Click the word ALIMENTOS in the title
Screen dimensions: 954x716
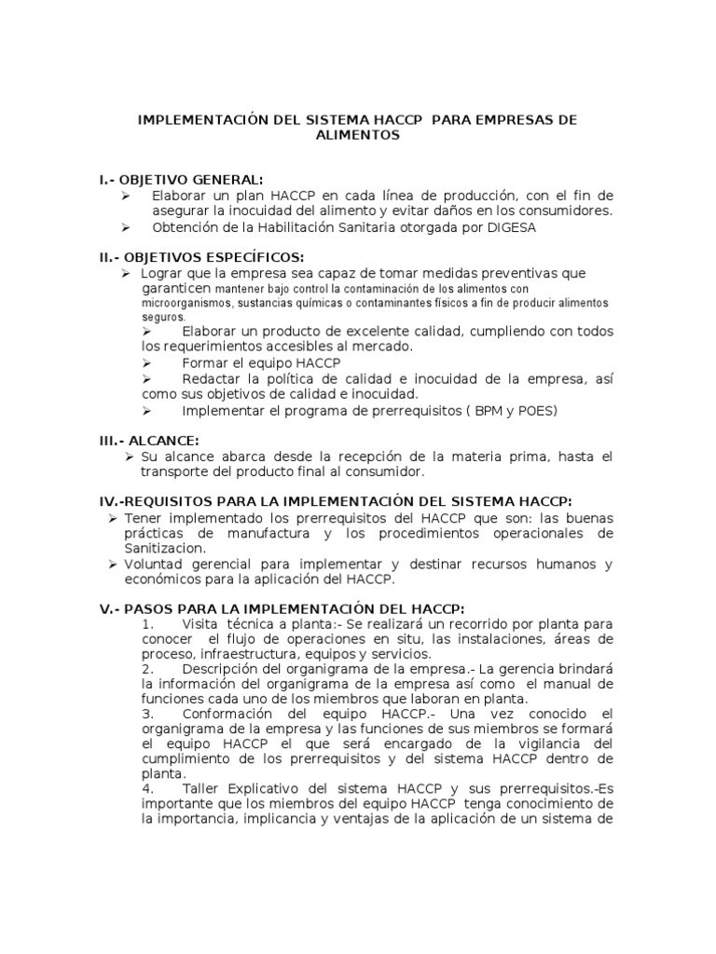pyautogui.click(x=358, y=135)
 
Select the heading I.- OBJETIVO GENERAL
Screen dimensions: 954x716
pyautogui.click(x=182, y=179)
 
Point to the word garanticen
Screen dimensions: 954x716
pyautogui.click(x=175, y=289)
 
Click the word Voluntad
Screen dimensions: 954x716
pyautogui.click(x=151, y=565)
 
